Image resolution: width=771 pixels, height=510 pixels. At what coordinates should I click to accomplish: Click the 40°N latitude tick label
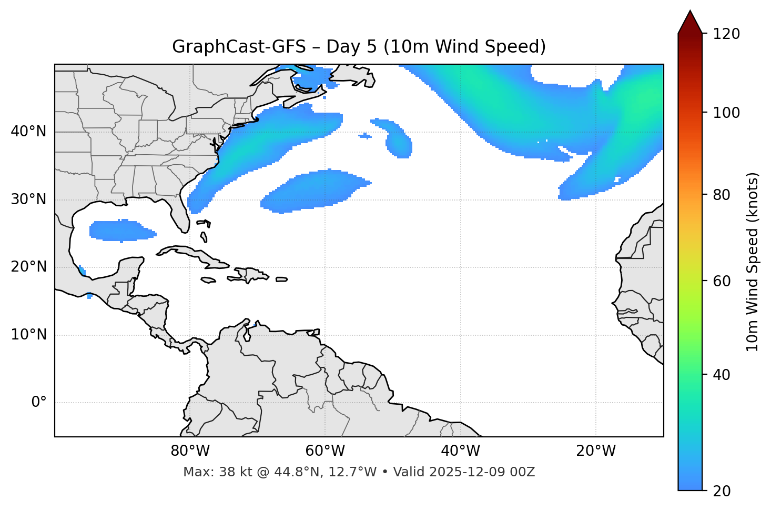click(x=28, y=132)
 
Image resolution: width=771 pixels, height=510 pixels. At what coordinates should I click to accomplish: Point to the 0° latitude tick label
click(x=39, y=403)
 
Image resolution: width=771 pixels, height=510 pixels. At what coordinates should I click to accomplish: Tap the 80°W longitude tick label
click(x=190, y=451)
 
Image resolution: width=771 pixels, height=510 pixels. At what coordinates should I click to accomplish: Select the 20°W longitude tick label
click(x=596, y=451)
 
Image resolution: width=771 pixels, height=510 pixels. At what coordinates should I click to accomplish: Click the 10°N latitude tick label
click(x=28, y=335)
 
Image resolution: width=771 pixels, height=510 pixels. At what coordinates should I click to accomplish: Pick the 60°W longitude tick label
click(x=325, y=451)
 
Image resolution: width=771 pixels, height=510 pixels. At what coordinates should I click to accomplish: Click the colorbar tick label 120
click(x=726, y=34)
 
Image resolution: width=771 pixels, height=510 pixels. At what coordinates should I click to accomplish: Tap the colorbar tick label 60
click(x=723, y=281)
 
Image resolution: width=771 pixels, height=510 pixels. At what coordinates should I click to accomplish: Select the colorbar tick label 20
click(x=723, y=491)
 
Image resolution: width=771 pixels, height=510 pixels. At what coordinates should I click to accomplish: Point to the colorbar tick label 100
click(x=726, y=113)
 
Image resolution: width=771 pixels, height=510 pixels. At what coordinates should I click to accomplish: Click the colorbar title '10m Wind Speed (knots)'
click(x=753, y=262)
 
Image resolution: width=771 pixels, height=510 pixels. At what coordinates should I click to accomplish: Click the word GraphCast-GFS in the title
click(x=239, y=47)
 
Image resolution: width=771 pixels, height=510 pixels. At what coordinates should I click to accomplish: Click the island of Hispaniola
click(x=250, y=275)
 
